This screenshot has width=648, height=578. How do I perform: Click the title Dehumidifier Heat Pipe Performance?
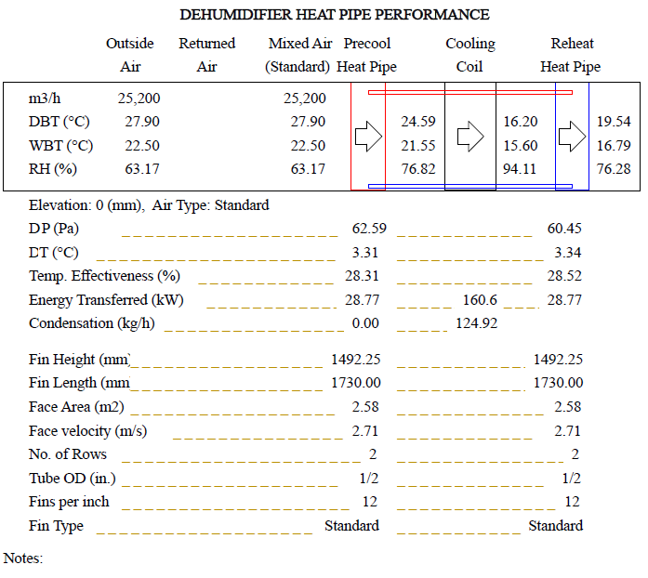pos(334,15)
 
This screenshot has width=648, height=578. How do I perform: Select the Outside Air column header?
pos(130,55)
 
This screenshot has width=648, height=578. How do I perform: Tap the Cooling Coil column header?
pos(469,55)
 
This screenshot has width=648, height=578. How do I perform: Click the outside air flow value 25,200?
pos(139,99)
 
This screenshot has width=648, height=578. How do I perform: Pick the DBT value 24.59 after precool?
pos(417,122)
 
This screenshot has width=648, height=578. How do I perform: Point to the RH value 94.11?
pos(520,168)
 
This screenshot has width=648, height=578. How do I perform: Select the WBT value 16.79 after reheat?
pos(614,145)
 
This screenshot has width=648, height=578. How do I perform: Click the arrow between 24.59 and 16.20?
pos(471,137)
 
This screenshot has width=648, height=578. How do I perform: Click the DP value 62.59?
pos(369,229)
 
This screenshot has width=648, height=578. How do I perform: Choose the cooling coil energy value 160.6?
pos(480,299)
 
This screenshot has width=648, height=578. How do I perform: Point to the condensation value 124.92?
pos(476,323)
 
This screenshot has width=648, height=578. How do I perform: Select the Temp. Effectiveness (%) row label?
pos(104,276)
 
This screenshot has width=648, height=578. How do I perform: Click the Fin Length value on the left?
pos(355,383)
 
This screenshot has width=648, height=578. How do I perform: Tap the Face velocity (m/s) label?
pos(87,431)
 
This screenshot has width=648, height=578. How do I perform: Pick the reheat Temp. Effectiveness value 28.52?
pos(564,276)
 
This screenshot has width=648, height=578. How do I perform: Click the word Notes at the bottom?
pos(23,558)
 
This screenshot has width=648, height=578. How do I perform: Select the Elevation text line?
pos(149,205)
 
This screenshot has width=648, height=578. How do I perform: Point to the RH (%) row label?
pos(52,168)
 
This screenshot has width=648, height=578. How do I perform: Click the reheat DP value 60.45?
pos(564,229)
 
